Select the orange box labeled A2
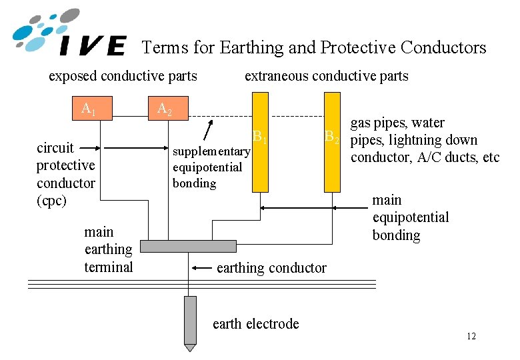(x=166, y=109)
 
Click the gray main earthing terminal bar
(x=189, y=246)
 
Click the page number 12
(x=471, y=336)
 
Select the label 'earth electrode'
(x=255, y=324)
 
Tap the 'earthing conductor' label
(x=271, y=268)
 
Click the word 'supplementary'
(x=211, y=151)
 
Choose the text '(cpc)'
(x=51, y=200)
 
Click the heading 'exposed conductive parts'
(x=123, y=76)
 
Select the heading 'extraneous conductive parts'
(x=326, y=76)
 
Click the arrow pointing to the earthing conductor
(x=201, y=268)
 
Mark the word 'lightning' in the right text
(x=419, y=141)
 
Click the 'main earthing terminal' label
(x=108, y=249)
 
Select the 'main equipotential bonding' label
(x=410, y=217)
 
